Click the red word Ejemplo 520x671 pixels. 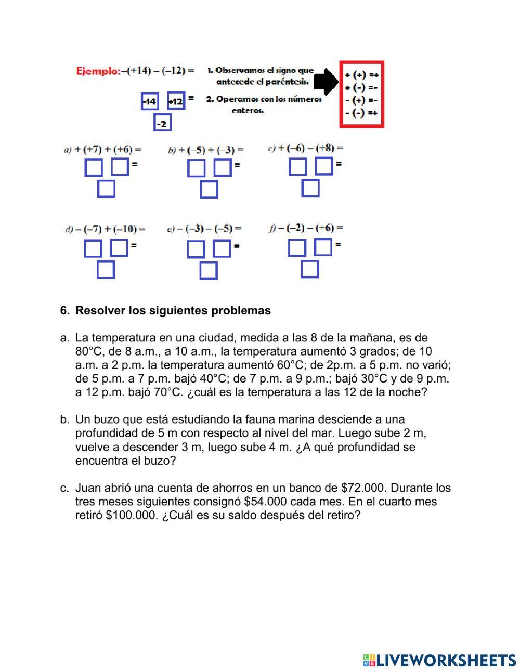(x=98, y=71)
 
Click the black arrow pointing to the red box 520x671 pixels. (x=327, y=81)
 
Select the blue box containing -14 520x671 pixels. (x=150, y=101)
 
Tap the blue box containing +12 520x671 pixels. (x=176, y=101)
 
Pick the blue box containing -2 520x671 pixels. (x=163, y=124)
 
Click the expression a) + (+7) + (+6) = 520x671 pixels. (x=103, y=150)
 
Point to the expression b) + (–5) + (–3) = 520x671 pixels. (x=206, y=150)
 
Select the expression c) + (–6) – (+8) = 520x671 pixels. (x=306, y=148)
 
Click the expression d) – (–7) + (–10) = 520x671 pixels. (x=105, y=229)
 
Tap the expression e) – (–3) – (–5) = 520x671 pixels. (x=204, y=229)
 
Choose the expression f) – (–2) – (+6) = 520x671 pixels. (x=306, y=228)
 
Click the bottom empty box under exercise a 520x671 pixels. (x=106, y=189)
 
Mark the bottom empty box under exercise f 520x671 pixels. (x=310, y=269)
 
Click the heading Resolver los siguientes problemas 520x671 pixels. (x=173, y=311)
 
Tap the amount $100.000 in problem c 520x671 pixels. (x=130, y=515)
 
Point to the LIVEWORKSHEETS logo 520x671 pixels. (x=439, y=660)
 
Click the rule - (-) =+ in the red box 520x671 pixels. (x=361, y=113)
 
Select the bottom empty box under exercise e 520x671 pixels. (x=209, y=271)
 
